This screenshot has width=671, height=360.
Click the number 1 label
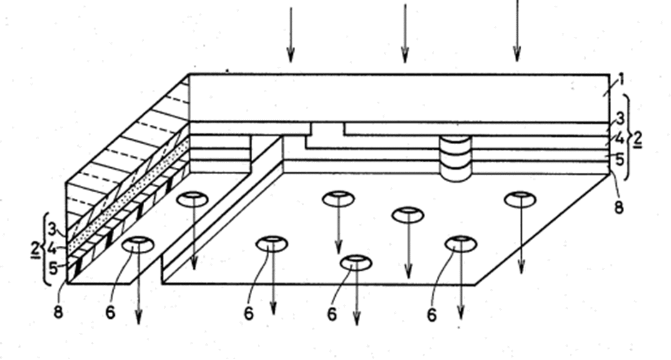coord(621,79)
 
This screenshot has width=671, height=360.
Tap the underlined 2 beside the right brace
coord(637,139)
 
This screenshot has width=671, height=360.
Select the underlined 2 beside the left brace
coord(36,249)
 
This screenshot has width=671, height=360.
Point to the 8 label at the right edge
coord(619,207)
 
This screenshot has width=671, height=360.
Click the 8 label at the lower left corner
coord(58,312)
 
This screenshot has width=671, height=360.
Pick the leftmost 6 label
coord(110,313)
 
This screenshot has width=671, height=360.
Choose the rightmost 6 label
coord(432,315)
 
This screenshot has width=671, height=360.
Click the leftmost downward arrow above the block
coord(291,34)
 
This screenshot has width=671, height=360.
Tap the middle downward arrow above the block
coord(405,33)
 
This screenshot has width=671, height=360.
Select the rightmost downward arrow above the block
coord(517,30)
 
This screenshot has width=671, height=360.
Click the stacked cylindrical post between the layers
coord(456,158)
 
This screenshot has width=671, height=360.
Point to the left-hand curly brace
coord(47,249)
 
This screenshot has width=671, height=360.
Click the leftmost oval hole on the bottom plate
coord(138,245)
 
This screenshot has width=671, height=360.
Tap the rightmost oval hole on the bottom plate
coord(521,199)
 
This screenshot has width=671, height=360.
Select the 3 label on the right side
coord(620,118)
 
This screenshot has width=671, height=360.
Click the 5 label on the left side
coord(53,268)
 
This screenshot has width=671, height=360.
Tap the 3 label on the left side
coord(52,230)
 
